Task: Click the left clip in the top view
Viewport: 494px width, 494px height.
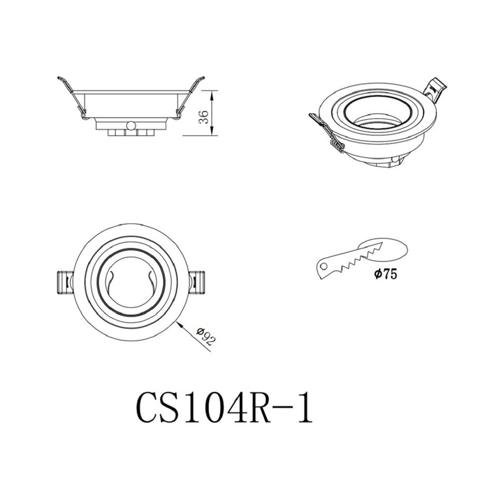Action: tap(64, 283)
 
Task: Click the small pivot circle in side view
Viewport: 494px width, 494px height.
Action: tap(130, 125)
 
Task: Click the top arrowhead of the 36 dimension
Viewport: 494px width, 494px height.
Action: tap(212, 93)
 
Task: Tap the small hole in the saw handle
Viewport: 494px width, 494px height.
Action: tap(324, 266)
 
